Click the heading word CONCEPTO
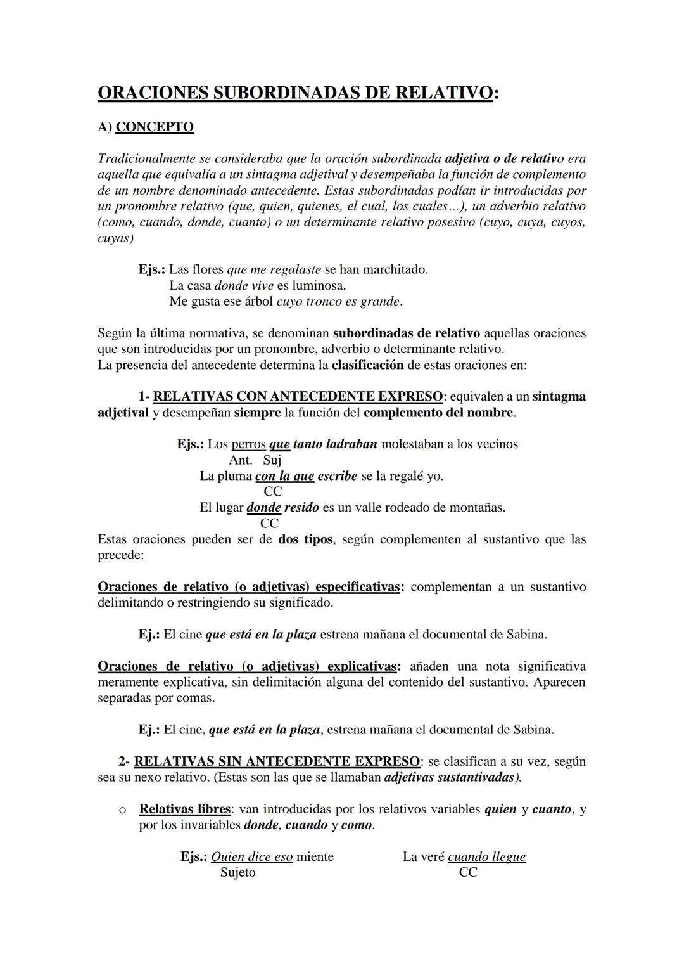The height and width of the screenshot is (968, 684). (155, 127)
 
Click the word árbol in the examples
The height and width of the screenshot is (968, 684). (258, 301)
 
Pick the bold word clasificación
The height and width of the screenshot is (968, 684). (367, 365)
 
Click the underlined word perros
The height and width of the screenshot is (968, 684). (248, 444)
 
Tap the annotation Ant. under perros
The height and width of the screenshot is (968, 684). (240, 460)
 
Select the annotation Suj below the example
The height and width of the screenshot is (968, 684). (272, 460)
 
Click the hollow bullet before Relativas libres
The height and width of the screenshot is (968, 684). (122, 810)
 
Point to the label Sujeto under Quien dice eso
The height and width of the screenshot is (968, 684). (237, 872)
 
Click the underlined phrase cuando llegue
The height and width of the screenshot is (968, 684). (486, 856)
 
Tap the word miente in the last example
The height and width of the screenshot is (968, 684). (315, 856)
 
